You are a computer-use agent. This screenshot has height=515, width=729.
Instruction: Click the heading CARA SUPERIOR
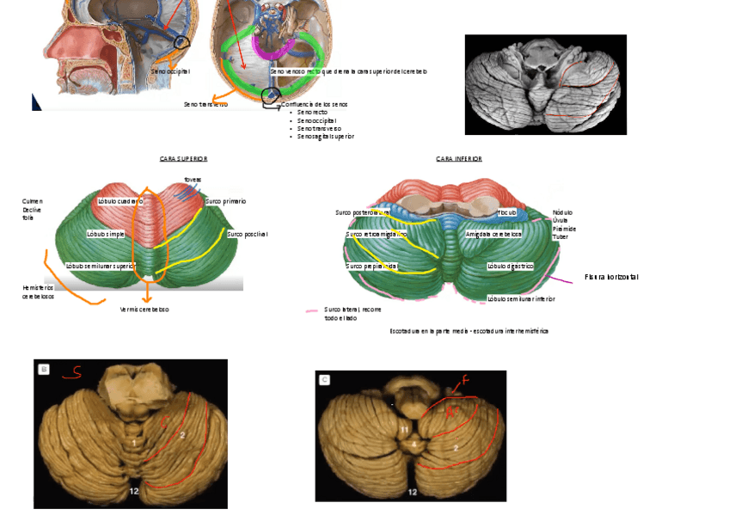click(183, 159)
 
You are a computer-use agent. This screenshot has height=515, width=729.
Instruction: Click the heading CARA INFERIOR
click(459, 159)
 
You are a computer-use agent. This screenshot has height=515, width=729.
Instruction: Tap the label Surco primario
click(226, 201)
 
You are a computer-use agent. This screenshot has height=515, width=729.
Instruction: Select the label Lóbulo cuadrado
click(120, 201)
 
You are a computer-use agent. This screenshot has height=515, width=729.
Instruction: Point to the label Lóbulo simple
click(107, 234)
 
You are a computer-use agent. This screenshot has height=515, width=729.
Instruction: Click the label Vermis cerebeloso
click(144, 310)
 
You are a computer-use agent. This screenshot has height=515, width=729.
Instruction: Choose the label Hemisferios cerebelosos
click(38, 291)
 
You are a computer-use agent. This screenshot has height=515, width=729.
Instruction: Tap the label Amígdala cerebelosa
click(493, 234)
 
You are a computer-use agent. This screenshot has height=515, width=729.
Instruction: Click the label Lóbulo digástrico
click(510, 267)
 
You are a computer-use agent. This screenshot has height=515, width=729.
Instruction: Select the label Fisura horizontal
click(611, 277)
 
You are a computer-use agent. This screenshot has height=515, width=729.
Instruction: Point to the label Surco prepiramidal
click(371, 267)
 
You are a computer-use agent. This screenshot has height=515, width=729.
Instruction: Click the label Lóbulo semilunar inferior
click(521, 299)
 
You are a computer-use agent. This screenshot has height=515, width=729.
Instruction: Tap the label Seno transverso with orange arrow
click(205, 104)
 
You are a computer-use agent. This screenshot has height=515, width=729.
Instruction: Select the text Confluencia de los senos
click(315, 104)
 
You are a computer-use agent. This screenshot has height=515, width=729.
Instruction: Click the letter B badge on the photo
click(44, 370)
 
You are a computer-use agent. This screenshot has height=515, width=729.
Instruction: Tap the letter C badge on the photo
click(325, 379)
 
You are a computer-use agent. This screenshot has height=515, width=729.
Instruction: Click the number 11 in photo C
click(404, 428)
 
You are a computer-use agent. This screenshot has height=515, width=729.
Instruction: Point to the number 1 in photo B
click(134, 442)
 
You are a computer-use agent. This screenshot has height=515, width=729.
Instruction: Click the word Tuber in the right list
click(561, 237)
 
